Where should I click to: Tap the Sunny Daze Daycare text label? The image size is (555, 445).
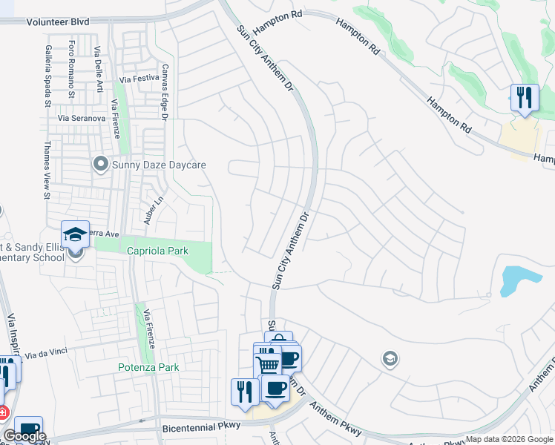pyautogui.click(x=158, y=165)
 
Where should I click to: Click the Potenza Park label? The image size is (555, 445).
pyautogui.click(x=148, y=367)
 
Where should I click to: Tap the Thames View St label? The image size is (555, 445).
pyautogui.click(x=47, y=171)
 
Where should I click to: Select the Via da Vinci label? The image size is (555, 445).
pyautogui.click(x=48, y=356)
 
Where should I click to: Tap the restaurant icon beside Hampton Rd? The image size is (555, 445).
pyautogui.click(x=525, y=98)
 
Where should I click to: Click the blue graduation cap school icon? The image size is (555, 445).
pyautogui.click(x=75, y=234)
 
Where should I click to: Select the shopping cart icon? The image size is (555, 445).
pyautogui.click(x=267, y=364)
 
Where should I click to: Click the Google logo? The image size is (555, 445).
pyautogui.click(x=24, y=436)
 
